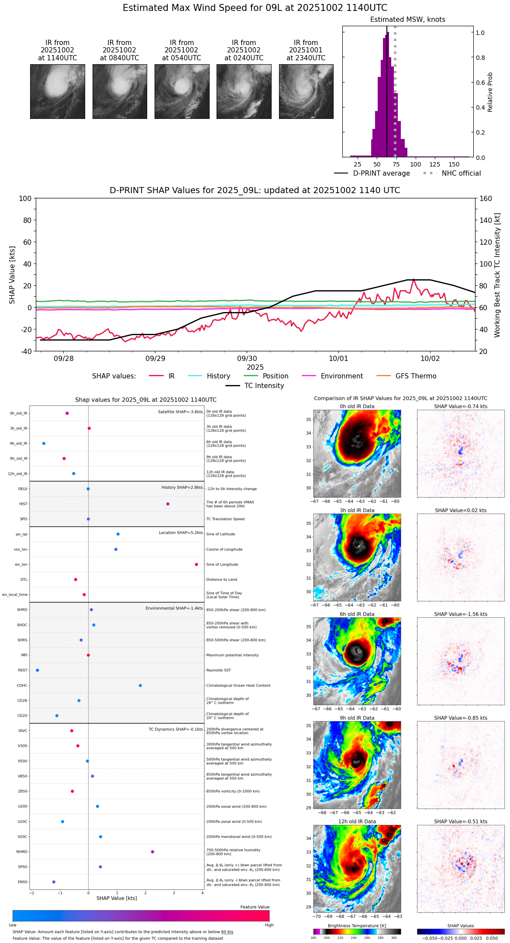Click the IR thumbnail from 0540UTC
point(182,91)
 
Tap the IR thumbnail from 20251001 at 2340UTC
point(306,91)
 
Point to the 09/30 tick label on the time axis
point(247,359)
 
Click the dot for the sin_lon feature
point(196,565)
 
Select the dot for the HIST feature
point(168,504)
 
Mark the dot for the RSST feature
point(38,670)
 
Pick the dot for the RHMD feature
point(152,852)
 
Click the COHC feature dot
point(140,686)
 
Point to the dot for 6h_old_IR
point(44,444)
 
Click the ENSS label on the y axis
point(22,882)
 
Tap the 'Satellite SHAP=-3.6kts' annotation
point(180,412)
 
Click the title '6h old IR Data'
point(357,614)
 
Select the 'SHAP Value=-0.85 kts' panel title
point(461,718)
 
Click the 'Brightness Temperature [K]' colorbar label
point(353,926)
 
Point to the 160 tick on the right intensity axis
point(486,199)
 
